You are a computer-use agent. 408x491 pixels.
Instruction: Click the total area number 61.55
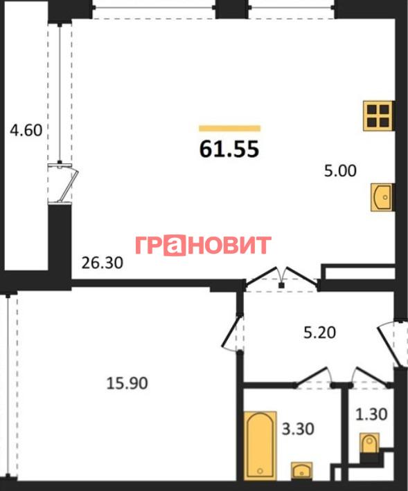tap(229, 149)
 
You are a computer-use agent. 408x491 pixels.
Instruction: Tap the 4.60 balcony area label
tap(26, 130)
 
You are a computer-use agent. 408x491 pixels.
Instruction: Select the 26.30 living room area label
tap(103, 263)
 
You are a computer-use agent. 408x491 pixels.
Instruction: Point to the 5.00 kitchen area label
tap(340, 171)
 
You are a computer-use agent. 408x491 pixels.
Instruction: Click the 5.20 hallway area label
tap(319, 333)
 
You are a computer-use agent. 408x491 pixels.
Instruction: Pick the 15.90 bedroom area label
tap(127, 383)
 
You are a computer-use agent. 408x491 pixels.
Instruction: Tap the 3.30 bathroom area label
tap(298, 429)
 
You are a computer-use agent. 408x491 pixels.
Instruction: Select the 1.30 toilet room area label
tap(371, 414)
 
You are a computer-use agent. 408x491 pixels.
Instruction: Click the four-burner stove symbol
tap(378, 115)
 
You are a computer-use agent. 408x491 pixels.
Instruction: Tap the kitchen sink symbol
tap(382, 197)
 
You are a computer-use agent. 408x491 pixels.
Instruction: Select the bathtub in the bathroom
tap(260, 446)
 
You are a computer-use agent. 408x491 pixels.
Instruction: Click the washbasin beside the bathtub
tap(301, 471)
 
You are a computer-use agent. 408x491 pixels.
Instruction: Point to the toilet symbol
tap(369, 443)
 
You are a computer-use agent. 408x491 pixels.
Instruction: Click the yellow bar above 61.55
tap(229, 128)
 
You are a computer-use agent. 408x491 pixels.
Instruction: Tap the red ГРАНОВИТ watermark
tap(204, 245)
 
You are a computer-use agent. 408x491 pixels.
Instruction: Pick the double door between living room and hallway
tap(281, 277)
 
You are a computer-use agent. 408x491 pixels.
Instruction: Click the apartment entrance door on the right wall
tap(391, 344)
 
